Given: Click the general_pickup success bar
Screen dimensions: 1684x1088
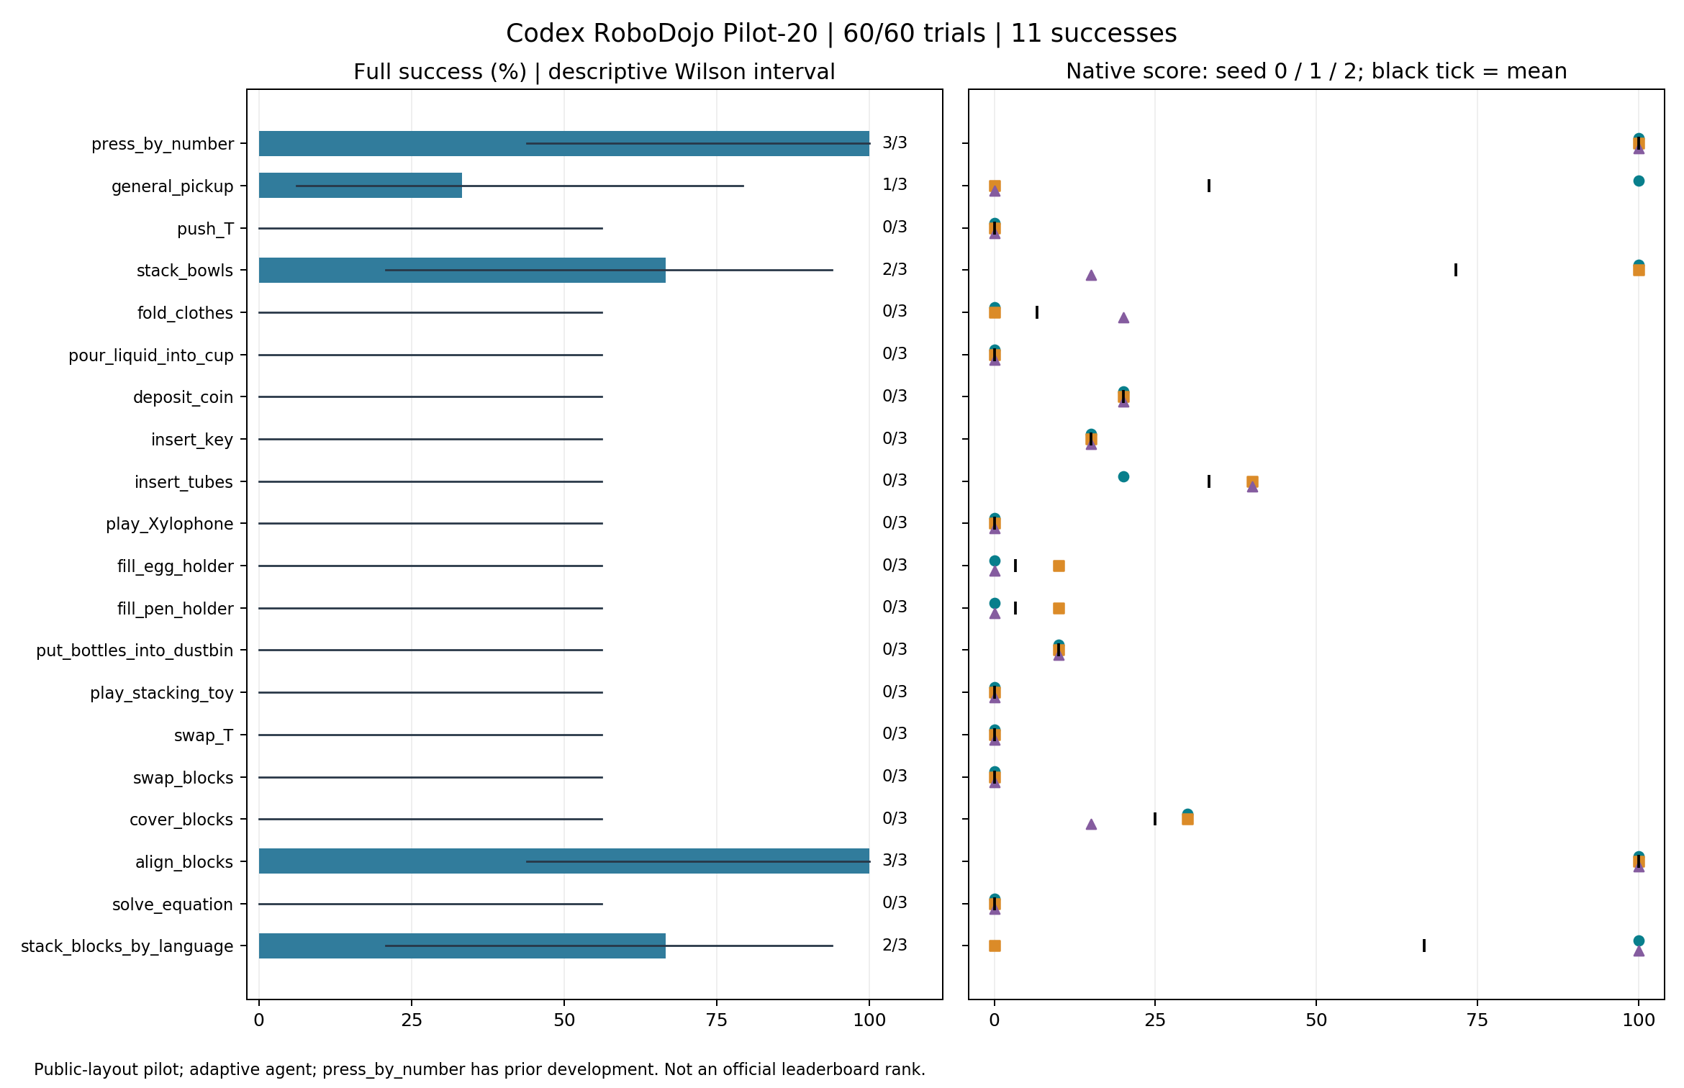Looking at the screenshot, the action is coord(361,186).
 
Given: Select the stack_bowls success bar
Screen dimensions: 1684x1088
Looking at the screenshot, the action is coord(462,270).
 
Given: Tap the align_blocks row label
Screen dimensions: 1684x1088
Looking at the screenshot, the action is coord(184,862).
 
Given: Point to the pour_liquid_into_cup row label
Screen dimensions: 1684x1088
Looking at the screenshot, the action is coord(151,355).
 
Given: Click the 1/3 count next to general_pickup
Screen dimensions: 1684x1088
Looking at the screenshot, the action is coord(895,185).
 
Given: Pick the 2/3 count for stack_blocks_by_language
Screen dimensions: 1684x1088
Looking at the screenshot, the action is coord(895,945).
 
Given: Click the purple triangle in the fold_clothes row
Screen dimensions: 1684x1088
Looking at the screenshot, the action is coord(1123,317).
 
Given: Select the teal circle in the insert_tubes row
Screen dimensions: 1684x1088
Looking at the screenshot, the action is coord(1123,476).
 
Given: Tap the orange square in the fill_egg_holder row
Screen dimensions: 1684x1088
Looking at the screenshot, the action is coord(1059,566).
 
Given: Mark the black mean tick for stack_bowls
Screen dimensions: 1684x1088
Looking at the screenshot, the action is coord(1456,270).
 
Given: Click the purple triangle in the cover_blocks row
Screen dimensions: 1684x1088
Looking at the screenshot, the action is coord(1091,824).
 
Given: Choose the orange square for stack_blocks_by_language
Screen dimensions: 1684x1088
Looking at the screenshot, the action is coord(995,946).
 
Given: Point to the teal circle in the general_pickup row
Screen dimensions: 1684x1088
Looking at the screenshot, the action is coord(1639,181).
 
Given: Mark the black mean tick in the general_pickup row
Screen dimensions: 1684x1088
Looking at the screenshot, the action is coord(1209,186).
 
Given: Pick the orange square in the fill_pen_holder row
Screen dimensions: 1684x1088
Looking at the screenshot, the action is coord(1059,608).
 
